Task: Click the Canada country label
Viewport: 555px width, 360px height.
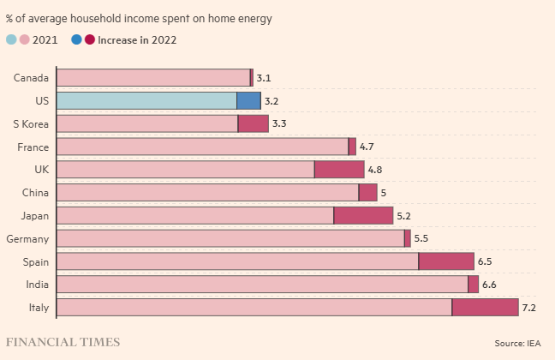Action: coord(31,78)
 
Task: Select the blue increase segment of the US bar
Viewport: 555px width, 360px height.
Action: coord(248,101)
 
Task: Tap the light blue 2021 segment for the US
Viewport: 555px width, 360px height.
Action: coord(146,101)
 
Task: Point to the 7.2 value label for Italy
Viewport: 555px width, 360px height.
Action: coord(528,308)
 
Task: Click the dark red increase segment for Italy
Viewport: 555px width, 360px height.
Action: coord(485,308)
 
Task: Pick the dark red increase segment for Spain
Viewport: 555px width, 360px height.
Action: coord(446,261)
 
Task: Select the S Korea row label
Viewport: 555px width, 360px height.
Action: coord(30,124)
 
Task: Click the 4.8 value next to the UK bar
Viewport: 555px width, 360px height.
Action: coord(374,170)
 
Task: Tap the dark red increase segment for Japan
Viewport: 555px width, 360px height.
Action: coord(363,216)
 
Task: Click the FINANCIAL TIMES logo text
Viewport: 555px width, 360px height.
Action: coord(63,343)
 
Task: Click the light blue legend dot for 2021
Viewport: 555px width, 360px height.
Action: coord(11,39)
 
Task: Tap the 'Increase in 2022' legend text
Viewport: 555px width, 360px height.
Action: coord(137,39)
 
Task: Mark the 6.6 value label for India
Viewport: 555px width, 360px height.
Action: coord(489,285)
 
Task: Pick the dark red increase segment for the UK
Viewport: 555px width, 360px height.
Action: coord(339,170)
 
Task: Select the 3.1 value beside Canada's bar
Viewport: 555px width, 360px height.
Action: coord(263,78)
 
